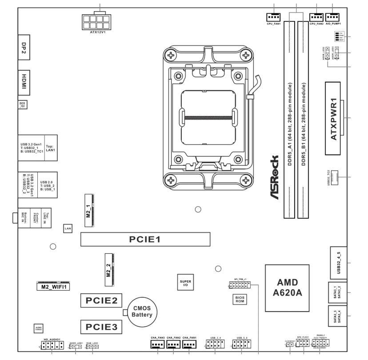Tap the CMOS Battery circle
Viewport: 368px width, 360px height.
click(x=142, y=311)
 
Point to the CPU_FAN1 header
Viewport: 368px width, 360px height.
click(x=273, y=17)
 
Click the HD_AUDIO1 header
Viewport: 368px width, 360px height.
click(x=52, y=344)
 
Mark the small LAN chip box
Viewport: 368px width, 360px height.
click(x=68, y=228)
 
